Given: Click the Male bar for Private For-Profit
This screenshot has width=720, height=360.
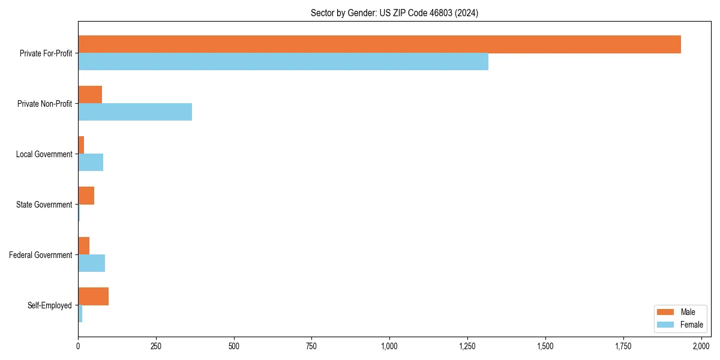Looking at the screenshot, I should (379, 44).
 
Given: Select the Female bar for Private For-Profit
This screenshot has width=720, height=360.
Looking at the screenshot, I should (283, 62).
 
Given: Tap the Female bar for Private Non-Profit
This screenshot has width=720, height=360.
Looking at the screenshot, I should (135, 112).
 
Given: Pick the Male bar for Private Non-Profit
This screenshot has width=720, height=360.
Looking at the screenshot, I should (90, 95).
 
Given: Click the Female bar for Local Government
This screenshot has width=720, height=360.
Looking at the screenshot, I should (91, 163).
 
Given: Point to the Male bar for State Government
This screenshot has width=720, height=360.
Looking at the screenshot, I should (86, 196).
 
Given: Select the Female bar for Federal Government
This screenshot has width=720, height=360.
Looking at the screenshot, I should (91, 263).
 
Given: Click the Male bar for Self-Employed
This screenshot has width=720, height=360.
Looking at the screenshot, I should (93, 296).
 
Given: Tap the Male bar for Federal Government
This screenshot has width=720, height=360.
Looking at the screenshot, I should (83, 246).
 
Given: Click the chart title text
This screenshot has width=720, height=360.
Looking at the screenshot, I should (394, 13).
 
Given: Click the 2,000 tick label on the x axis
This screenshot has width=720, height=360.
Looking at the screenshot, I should (701, 346).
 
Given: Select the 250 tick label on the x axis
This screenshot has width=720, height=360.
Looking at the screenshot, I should (156, 346).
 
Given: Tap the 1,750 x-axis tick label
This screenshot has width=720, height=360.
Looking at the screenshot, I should (623, 346).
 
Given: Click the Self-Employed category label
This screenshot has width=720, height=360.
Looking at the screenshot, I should (50, 305).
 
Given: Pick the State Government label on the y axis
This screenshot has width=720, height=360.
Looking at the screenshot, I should (44, 205).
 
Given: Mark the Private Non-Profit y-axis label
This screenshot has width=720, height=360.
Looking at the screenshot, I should (44, 104).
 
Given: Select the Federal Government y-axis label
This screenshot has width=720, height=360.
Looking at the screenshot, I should (41, 255).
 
